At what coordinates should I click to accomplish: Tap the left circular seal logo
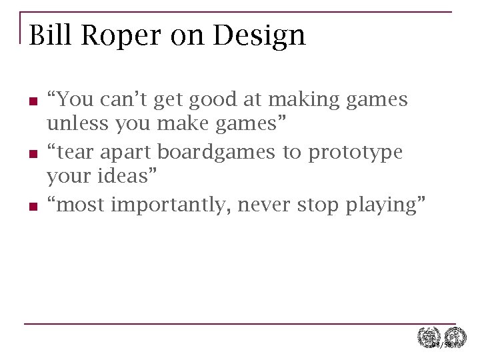point(427,337)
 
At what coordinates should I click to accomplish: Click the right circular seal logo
point(456,337)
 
